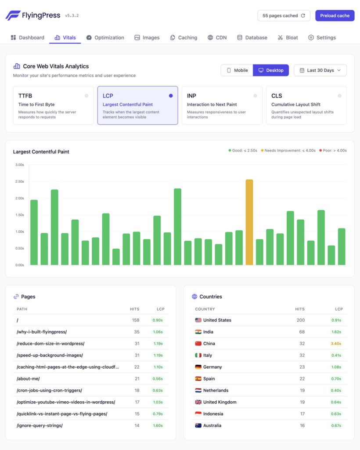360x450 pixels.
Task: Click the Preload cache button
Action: pos(335,15)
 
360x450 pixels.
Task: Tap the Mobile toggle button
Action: pos(237,70)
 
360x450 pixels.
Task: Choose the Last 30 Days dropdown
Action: pos(320,70)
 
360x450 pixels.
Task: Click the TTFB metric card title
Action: pos(25,96)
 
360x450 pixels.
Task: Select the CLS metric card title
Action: pos(277,96)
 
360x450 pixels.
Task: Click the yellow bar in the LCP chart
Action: pos(249,222)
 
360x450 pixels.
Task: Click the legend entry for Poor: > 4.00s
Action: pos(333,151)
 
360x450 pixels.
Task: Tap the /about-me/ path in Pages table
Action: pos(28,379)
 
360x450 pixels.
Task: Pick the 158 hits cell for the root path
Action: pos(136,320)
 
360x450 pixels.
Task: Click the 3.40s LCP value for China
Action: pos(336,344)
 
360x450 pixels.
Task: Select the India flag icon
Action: pos(198,332)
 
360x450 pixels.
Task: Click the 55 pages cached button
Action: pos(284,15)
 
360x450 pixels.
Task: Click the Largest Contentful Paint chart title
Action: pos(41,152)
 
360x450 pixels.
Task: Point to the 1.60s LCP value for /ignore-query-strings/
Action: pos(158,425)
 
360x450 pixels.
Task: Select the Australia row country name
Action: pos(213,425)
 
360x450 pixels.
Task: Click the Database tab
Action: pos(252,38)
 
